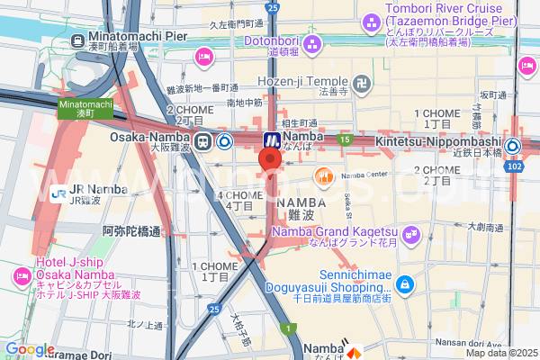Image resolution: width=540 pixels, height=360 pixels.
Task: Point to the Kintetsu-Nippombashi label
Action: click(x=450, y=142)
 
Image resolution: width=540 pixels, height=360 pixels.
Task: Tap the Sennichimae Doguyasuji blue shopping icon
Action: click(x=406, y=284)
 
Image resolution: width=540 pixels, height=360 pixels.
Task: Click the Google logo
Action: click(x=30, y=349)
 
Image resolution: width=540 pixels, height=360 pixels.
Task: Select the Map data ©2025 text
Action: click(x=499, y=353)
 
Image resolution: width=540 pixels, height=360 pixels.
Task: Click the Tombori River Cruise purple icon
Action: click(x=371, y=21)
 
